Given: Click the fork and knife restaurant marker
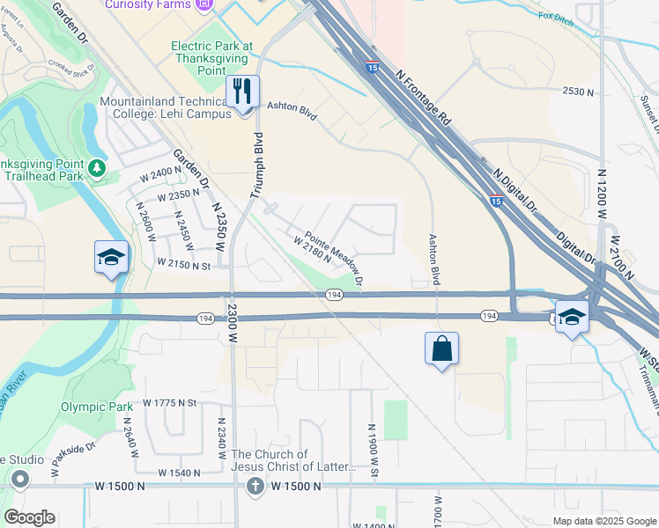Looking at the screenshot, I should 241,91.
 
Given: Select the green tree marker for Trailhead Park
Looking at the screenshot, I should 97,167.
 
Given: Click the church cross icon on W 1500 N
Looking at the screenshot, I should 255,487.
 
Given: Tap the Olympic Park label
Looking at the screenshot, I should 97,407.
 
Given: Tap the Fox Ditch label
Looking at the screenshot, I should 556,17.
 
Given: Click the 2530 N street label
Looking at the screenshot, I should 580,91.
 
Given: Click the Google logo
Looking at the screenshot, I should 29,517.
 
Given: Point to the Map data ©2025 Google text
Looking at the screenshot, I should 603,521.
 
